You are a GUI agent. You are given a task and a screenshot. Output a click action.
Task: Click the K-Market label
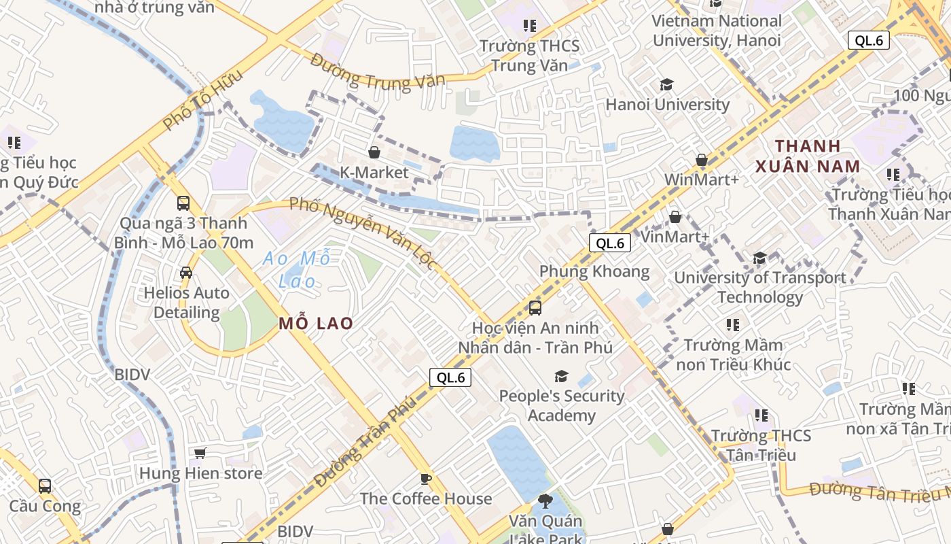(374, 172)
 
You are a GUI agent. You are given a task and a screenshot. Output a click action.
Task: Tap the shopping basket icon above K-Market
(374, 152)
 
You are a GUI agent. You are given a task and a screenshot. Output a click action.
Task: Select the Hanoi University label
(667, 105)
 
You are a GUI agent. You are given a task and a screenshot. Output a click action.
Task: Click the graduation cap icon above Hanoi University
(667, 85)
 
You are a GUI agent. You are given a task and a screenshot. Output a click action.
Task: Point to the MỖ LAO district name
(316, 323)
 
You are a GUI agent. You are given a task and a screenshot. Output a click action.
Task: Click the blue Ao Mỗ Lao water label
(297, 269)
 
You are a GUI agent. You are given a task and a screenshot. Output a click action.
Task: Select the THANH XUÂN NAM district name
(808, 156)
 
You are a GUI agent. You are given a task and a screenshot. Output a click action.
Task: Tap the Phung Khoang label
(594, 271)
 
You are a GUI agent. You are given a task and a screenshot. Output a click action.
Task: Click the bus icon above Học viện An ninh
(535, 308)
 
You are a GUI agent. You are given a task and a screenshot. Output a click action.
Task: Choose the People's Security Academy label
(562, 405)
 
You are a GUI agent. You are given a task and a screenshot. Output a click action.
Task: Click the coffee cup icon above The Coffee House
(426, 479)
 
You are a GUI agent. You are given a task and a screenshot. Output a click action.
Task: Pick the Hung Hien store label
(200, 473)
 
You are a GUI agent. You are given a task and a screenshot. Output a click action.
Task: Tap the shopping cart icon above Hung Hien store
(200, 453)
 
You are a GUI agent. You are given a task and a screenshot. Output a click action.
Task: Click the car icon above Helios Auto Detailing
(186, 273)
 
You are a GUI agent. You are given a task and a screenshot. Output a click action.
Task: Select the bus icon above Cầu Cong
(45, 486)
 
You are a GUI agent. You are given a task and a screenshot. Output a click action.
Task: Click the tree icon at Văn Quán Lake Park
(545, 502)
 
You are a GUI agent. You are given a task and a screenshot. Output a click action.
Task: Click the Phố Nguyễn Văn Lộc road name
(362, 231)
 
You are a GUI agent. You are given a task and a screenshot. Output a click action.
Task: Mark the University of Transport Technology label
(759, 287)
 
